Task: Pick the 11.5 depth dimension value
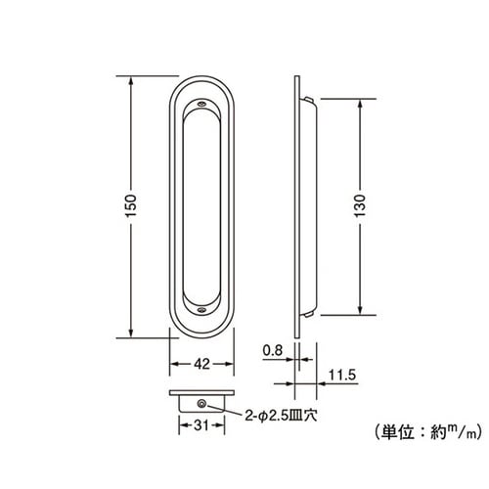pos(340,375)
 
